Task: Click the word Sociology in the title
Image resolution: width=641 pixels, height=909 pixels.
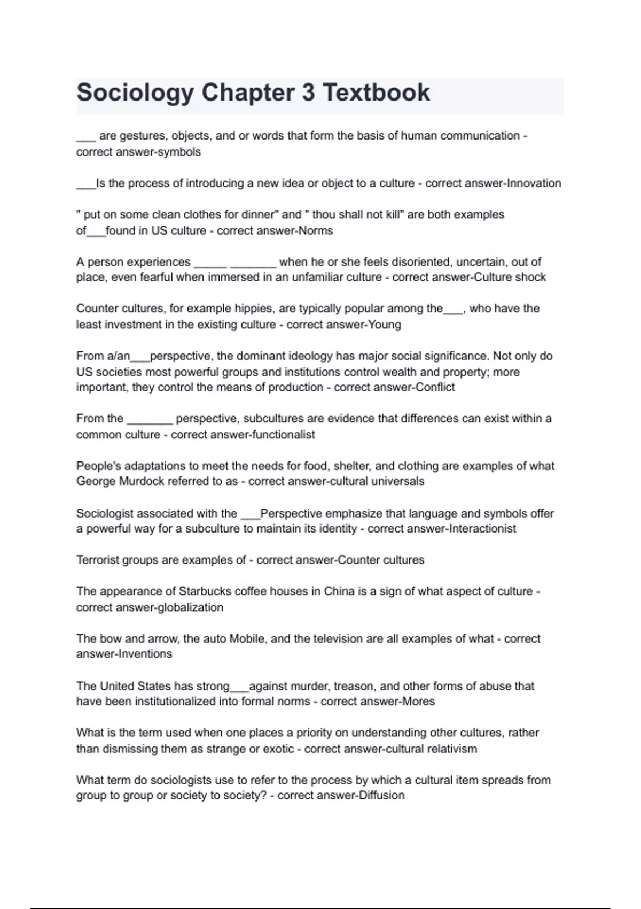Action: click(135, 93)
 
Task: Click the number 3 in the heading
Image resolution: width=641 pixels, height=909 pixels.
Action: click(308, 93)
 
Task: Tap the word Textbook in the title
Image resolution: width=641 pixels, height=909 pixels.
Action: click(376, 93)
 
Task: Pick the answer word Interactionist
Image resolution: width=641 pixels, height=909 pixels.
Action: click(483, 529)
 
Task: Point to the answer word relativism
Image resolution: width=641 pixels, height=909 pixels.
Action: click(451, 749)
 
